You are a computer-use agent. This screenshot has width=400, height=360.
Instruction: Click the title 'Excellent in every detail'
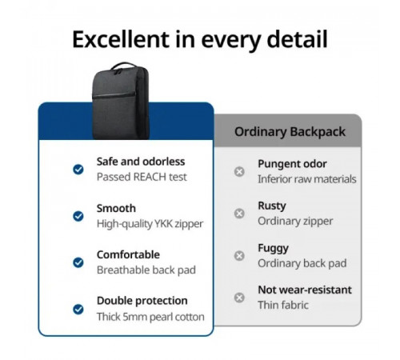200,39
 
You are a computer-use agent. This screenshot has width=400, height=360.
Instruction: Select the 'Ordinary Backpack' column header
290,131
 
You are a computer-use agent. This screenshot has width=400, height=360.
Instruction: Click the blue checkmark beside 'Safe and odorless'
78,169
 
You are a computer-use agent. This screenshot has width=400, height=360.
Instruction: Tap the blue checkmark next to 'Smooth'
78,216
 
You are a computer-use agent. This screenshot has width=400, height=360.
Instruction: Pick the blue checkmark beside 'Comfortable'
78,262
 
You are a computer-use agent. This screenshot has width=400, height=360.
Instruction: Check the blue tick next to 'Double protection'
78,309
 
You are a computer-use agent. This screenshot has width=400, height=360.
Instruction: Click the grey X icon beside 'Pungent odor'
239,171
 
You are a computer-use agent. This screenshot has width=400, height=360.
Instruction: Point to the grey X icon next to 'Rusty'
239,214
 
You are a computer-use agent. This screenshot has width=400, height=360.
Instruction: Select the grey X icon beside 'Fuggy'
239,255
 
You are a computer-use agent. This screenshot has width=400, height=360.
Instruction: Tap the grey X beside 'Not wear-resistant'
239,298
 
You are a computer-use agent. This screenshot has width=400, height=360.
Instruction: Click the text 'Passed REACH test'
142,177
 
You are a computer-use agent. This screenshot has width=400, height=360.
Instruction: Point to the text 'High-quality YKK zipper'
150,224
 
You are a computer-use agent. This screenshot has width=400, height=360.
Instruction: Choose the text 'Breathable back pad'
146,270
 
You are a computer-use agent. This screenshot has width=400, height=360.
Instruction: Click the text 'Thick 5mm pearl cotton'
150,317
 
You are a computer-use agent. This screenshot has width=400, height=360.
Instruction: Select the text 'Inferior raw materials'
306,179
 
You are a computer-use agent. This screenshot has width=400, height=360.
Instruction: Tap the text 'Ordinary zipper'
294,221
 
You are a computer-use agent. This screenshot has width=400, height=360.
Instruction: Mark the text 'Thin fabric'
282,305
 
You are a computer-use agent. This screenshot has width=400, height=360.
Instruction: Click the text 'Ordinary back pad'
301,263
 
